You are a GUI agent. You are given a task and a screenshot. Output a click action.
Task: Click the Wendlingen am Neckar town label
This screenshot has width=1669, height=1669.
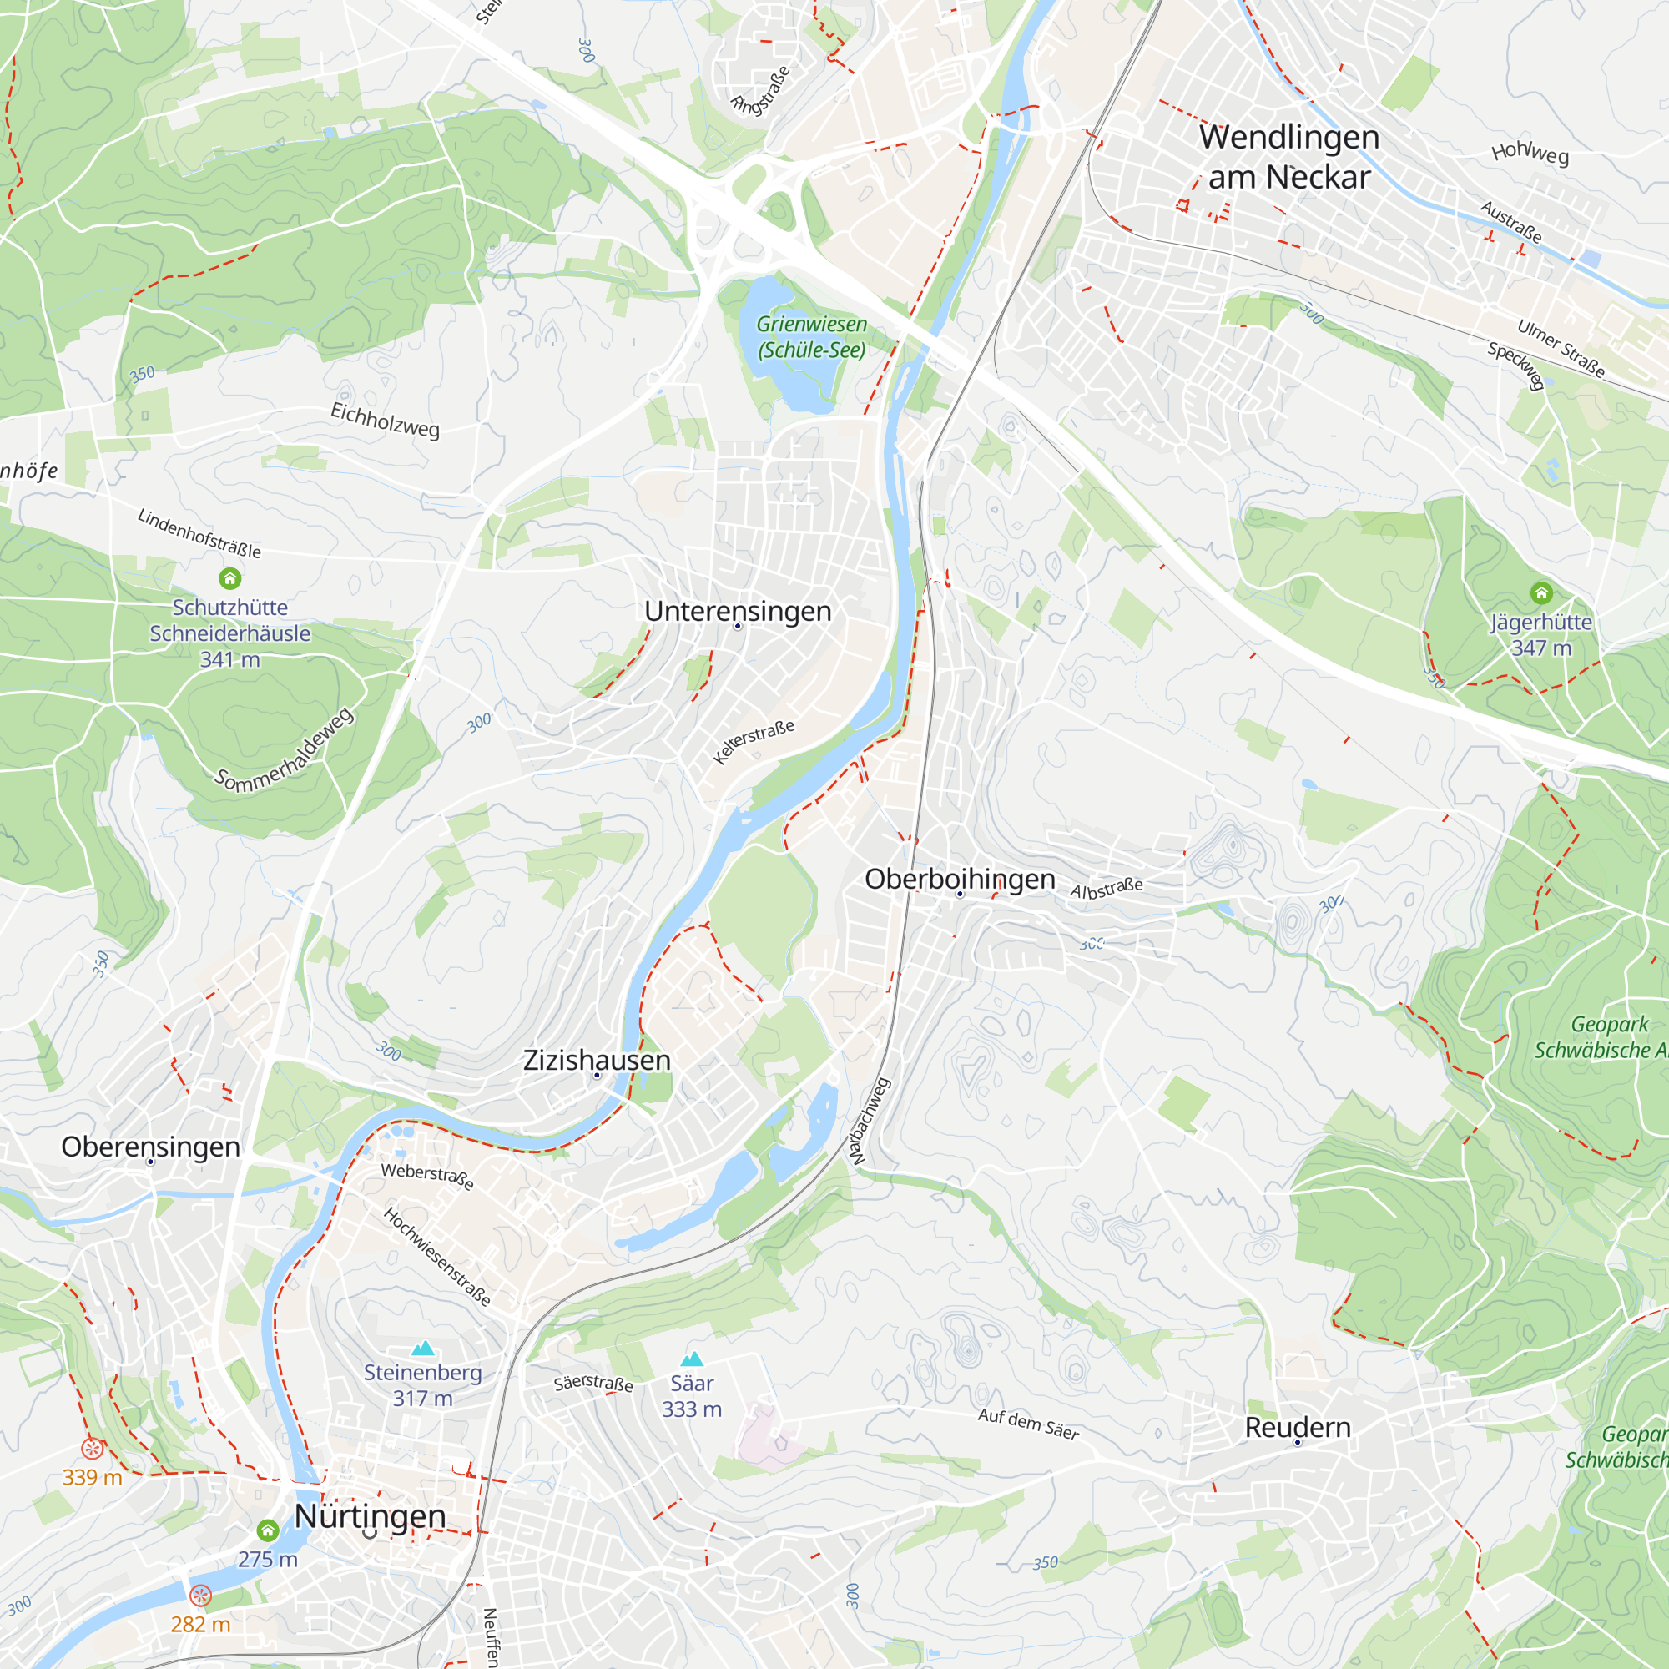click(x=1289, y=156)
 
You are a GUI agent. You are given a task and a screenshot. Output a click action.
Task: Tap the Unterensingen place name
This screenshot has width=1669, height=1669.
click(x=738, y=611)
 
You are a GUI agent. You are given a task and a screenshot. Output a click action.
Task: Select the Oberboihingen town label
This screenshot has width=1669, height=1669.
click(x=960, y=879)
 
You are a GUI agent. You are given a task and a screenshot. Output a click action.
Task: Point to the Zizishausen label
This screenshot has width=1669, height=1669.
click(x=597, y=1060)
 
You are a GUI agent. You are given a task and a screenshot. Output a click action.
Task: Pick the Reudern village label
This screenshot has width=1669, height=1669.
click(x=1298, y=1427)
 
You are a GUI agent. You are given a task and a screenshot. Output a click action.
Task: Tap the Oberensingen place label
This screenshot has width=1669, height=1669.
click(x=150, y=1147)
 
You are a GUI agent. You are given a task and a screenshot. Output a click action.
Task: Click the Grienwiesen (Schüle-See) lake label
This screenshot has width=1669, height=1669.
click(x=811, y=337)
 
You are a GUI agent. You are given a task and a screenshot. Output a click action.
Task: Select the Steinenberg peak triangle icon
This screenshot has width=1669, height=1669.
click(x=422, y=1349)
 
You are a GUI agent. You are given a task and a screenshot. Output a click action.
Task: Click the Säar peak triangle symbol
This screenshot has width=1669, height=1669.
click(x=692, y=1359)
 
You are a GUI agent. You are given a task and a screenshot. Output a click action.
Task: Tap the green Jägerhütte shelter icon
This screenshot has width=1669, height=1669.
click(x=1541, y=592)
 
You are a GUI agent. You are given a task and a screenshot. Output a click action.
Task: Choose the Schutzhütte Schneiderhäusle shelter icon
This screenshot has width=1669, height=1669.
click(x=229, y=578)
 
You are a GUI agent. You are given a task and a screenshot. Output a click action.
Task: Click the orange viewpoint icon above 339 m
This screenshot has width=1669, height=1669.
click(x=93, y=1448)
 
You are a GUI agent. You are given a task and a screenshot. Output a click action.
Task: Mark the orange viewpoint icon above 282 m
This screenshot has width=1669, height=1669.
click(x=200, y=1595)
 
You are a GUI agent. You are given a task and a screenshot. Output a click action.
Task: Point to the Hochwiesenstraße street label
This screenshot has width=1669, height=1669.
click(x=437, y=1257)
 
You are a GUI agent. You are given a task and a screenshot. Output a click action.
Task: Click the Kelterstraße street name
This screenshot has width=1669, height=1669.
click(x=754, y=741)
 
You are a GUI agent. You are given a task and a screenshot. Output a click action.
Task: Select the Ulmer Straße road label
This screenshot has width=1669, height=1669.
click(x=1561, y=349)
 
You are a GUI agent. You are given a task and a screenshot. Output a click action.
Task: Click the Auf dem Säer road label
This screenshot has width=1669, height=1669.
click(x=1028, y=1424)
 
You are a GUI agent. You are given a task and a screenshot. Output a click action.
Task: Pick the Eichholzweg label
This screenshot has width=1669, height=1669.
click(x=386, y=420)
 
